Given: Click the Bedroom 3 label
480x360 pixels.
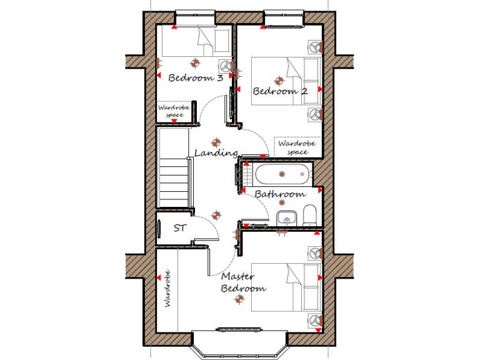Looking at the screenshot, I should (196, 78).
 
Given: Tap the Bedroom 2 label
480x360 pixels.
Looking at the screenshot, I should (279, 91).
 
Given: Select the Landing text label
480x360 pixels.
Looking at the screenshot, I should (216, 152).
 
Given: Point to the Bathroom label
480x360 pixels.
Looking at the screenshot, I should (279, 194).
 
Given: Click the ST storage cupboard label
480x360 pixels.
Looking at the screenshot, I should (179, 228).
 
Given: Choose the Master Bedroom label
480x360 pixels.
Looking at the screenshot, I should (243, 282).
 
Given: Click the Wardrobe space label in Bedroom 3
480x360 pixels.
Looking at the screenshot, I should (173, 111).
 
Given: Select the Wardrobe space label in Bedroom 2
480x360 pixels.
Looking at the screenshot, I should (297, 147).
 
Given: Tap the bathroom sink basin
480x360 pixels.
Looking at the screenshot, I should (286, 217).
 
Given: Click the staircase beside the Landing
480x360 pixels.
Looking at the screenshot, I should (172, 179).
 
